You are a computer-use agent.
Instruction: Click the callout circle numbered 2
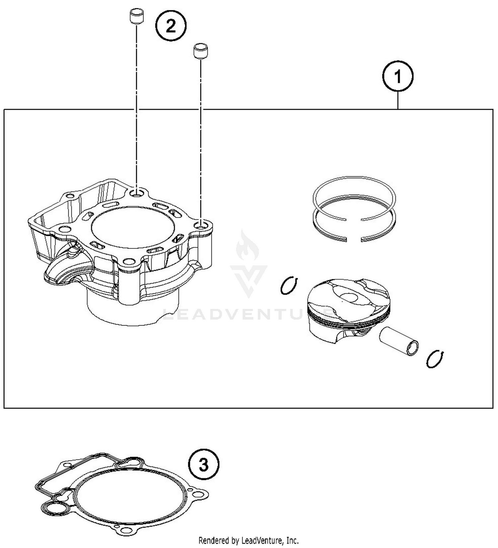171,26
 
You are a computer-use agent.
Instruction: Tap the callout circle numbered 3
204,465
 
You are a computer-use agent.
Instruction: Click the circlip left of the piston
289,285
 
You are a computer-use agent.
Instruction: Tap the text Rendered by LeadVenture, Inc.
248,540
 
